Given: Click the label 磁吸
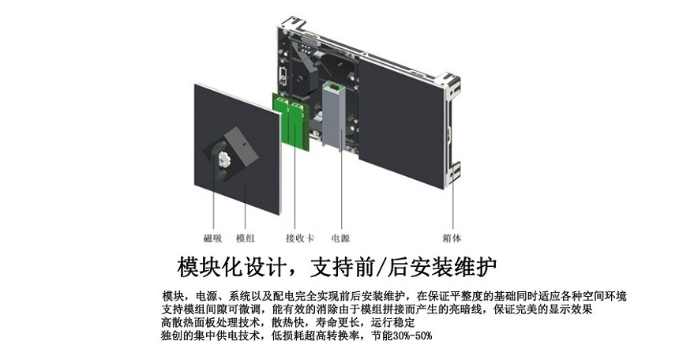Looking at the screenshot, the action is (x=212, y=238).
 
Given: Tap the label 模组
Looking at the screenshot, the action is (x=245, y=238).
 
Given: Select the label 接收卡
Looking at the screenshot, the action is (x=300, y=238).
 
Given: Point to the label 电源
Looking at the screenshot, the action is (x=340, y=238).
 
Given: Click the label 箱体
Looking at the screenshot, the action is (x=452, y=238).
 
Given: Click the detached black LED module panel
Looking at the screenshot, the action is (x=238, y=148).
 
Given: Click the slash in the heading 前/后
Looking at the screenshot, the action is (x=381, y=268).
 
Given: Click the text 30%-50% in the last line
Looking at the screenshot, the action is (x=412, y=336).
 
